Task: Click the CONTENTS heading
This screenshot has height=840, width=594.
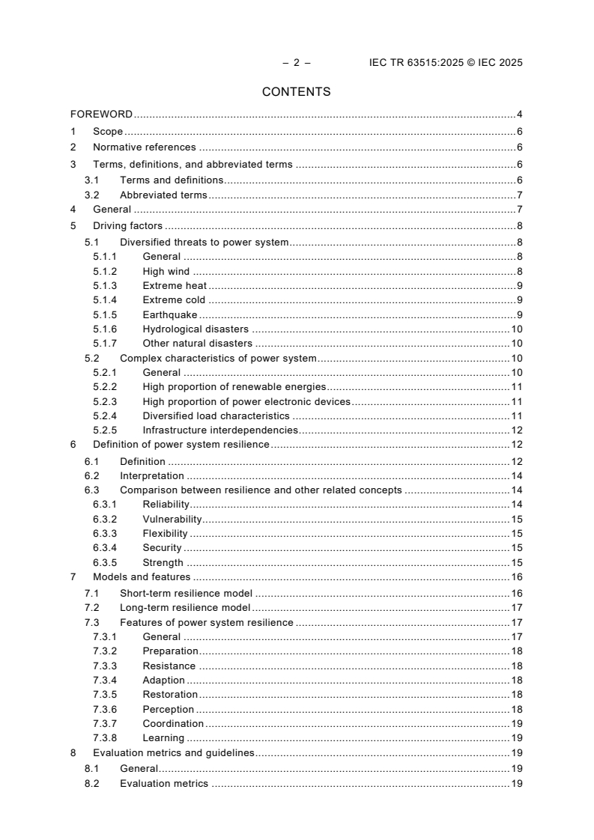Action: (x=296, y=92)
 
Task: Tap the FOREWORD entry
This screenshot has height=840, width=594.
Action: (x=101, y=115)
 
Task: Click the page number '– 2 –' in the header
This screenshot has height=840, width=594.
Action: (x=296, y=63)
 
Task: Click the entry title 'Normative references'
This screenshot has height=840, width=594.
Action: (x=144, y=147)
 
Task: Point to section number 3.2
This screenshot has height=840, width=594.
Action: (x=92, y=195)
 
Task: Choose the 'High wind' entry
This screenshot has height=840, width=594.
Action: (x=166, y=271)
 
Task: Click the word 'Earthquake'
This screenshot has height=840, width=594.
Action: (x=169, y=314)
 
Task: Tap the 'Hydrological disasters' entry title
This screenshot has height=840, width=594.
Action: (x=196, y=329)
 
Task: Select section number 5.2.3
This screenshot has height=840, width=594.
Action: (x=105, y=401)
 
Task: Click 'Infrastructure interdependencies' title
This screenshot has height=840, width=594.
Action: (x=220, y=430)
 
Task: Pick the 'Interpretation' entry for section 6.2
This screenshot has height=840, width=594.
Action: (x=151, y=475)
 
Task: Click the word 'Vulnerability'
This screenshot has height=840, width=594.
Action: (x=172, y=519)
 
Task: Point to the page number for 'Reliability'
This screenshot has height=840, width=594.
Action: (x=516, y=505)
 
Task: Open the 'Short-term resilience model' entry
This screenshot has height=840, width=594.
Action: (x=187, y=593)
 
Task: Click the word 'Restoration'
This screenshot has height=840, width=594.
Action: (x=170, y=695)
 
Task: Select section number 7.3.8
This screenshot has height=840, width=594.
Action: (x=105, y=738)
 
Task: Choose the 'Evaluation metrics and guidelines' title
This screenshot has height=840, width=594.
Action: (x=173, y=753)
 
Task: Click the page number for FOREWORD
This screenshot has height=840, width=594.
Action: (x=519, y=115)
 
